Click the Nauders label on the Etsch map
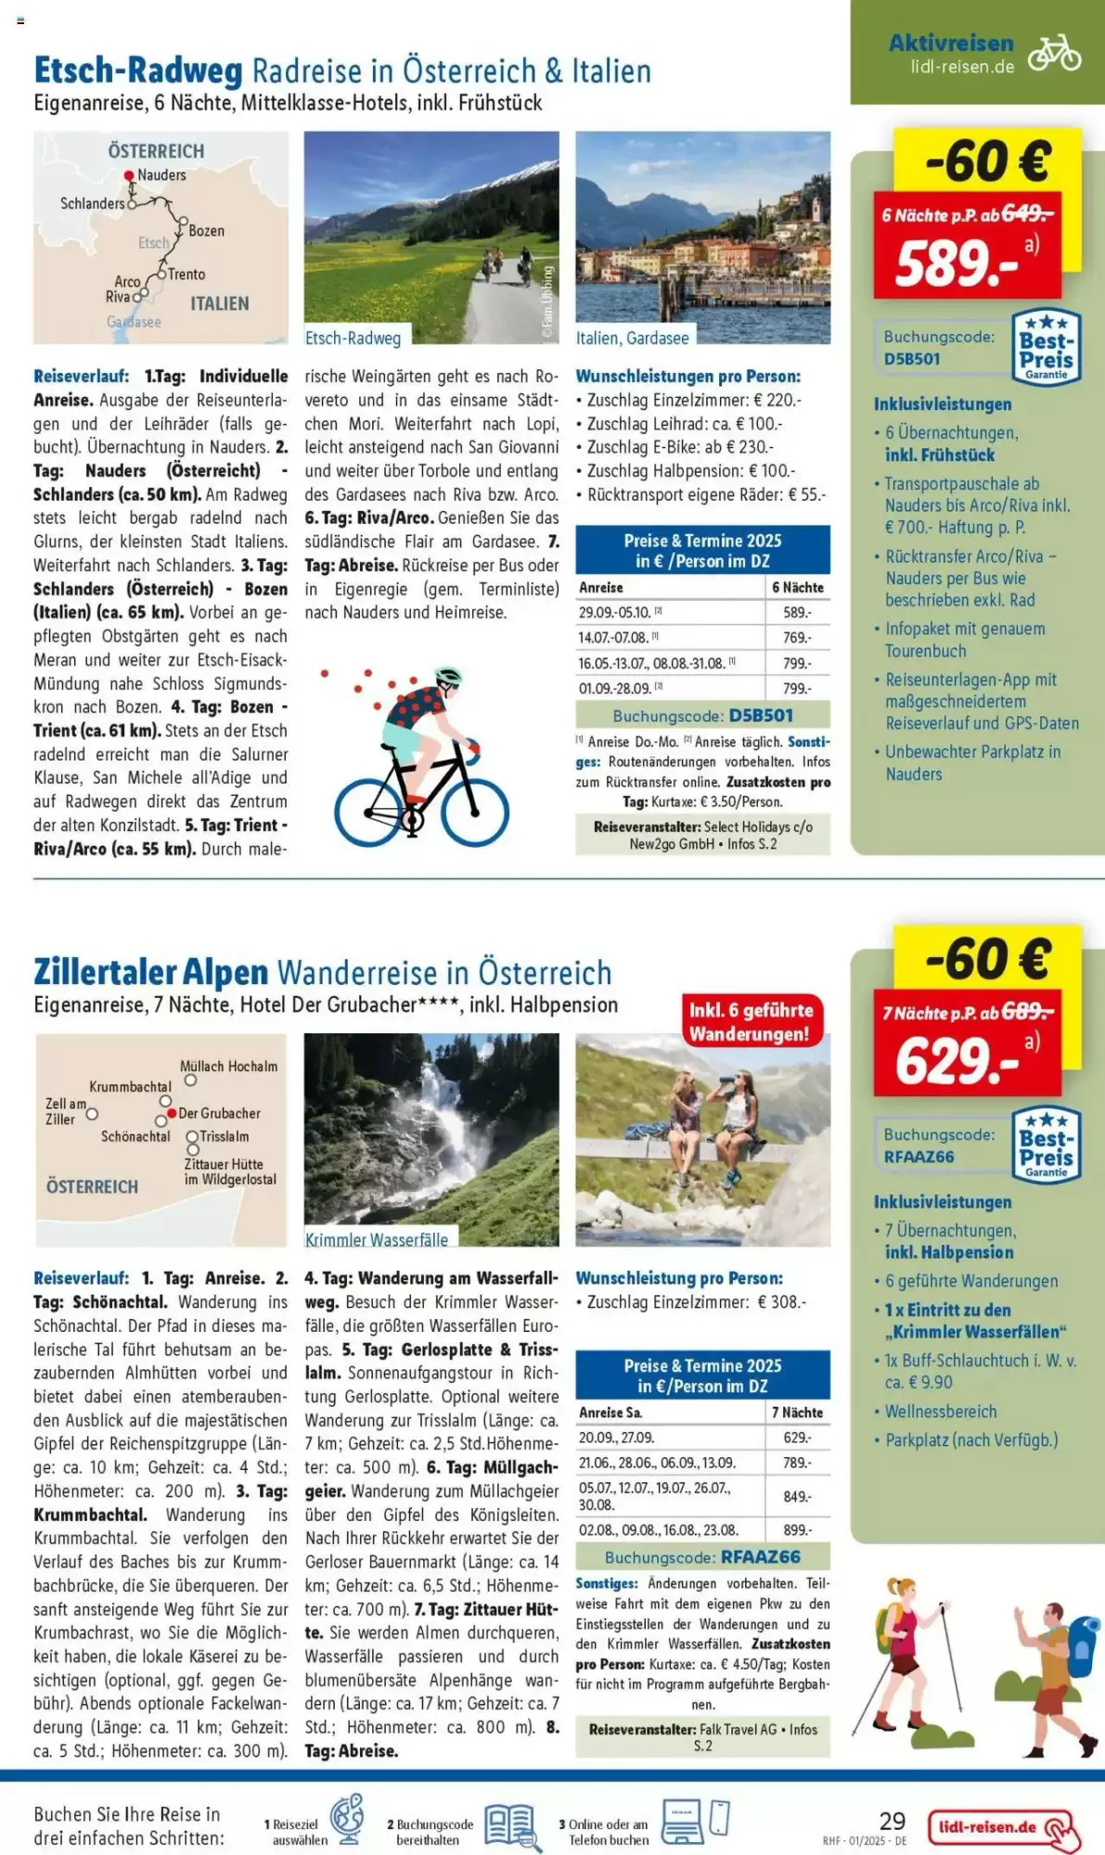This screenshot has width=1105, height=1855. click(161, 175)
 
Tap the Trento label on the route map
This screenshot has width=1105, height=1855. click(186, 275)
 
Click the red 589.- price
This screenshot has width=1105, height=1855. click(956, 263)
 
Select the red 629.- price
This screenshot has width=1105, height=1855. click(957, 1061)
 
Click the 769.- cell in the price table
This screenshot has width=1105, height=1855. click(796, 638)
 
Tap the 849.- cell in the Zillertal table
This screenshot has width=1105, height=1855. click(796, 1496)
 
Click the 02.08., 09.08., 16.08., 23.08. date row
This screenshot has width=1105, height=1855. click(658, 1530)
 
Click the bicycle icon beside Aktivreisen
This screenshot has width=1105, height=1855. click(1054, 53)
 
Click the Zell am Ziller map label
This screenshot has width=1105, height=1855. click(65, 1111)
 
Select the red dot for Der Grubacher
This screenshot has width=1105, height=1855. click(172, 1113)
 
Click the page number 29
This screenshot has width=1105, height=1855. click(892, 1821)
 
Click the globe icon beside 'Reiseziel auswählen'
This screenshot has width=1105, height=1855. click(347, 1820)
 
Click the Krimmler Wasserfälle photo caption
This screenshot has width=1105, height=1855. click(377, 1240)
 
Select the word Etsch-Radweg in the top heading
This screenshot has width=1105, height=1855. click(138, 70)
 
